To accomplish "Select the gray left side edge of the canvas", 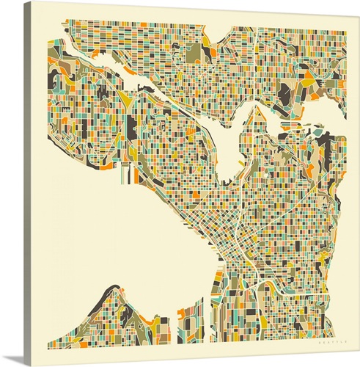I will [x=28, y=183].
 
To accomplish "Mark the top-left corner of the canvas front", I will [x=33, y=3].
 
